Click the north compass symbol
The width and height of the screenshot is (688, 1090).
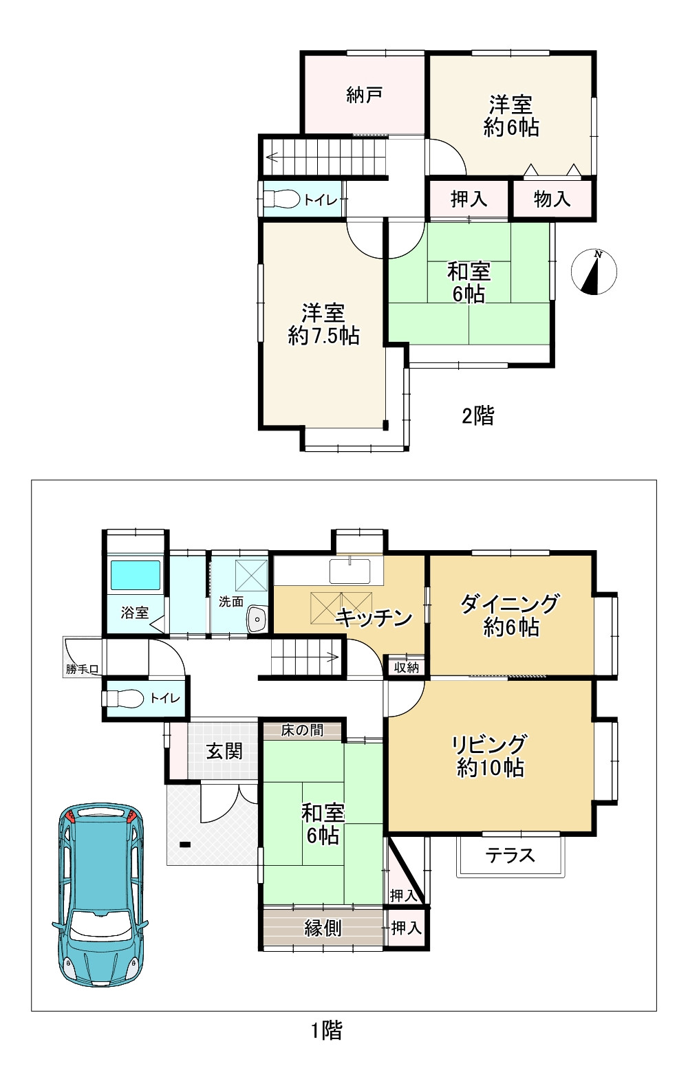594,272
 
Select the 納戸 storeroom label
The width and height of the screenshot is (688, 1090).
364,95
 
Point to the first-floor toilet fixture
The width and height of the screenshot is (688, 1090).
123,699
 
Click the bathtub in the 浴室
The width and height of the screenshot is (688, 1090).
136,575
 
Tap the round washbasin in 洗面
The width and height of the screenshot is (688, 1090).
256,620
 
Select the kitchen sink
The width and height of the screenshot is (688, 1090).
350,571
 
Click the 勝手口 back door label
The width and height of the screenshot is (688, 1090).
83,669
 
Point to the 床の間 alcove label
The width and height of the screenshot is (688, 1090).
302,730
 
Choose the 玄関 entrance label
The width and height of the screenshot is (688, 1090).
224,751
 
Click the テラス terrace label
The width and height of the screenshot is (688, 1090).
510,855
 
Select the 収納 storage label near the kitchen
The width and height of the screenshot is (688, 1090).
406,667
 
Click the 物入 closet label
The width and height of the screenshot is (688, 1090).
552,199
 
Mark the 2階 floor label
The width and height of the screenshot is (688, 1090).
477,416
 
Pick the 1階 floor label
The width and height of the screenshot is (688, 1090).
327,1030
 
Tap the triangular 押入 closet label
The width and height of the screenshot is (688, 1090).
403,895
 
